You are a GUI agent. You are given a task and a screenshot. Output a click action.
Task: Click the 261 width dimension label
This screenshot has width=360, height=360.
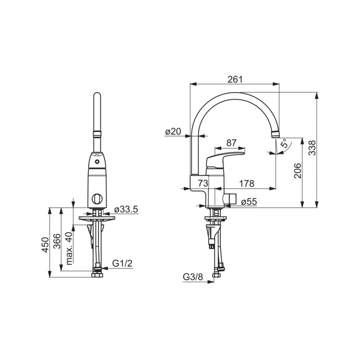pos(235,79)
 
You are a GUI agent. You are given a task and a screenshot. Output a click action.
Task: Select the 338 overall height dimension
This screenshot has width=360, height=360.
pos(312,148)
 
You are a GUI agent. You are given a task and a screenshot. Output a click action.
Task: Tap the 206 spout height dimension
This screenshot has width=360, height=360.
pos(298,170)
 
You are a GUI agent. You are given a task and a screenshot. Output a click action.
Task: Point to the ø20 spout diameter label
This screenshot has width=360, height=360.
pos(173,132)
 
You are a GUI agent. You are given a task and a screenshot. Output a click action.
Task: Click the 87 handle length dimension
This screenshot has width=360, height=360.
pos(231,143)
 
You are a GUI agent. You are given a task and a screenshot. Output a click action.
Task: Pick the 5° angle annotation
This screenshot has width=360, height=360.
pos(284,143)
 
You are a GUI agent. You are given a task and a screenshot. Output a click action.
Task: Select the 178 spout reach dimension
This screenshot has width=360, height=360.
pos(247,183)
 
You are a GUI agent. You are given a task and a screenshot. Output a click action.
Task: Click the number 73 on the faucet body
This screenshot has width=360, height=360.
pos(203,183)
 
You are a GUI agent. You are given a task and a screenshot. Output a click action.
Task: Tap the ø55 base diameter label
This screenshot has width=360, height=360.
pos(249,202)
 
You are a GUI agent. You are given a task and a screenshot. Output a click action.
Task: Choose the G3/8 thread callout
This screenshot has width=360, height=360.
pos(193,277)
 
